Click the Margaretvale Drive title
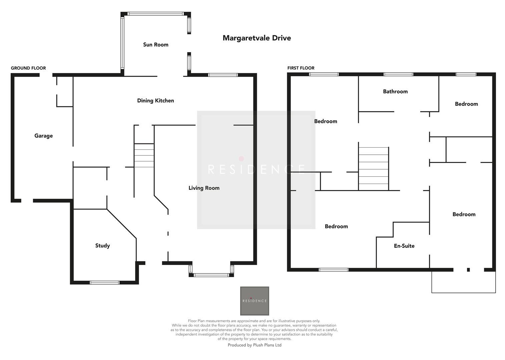click(x=257, y=38)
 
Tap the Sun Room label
click(x=155, y=45)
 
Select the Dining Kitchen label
click(x=155, y=101)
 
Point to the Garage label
click(x=43, y=136)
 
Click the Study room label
click(x=102, y=246)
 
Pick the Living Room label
click(x=204, y=188)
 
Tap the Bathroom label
click(x=395, y=91)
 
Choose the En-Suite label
click(x=404, y=246)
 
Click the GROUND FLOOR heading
click(x=28, y=68)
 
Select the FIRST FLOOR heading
click(x=301, y=68)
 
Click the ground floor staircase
click(x=144, y=155)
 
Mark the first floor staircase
click(x=374, y=169)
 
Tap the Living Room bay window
click(x=211, y=275)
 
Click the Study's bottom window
click(x=104, y=283)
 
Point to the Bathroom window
click(x=398, y=74)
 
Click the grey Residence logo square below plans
click(x=255, y=301)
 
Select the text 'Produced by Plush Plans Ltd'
click(x=255, y=345)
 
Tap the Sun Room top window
click(x=155, y=14)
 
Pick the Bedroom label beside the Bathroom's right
click(x=466, y=104)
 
